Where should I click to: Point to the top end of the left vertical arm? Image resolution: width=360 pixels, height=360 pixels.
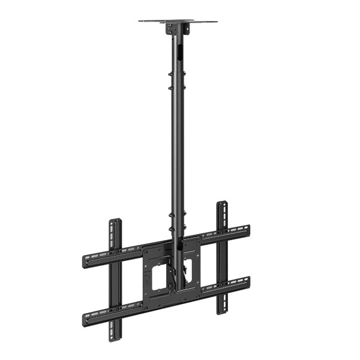pyautogui.click(x=115, y=223)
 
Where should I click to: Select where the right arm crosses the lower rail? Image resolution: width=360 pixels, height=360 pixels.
pyautogui.click(x=222, y=286)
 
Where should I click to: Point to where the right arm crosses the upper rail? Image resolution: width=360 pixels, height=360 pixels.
pyautogui.click(x=222, y=233)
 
